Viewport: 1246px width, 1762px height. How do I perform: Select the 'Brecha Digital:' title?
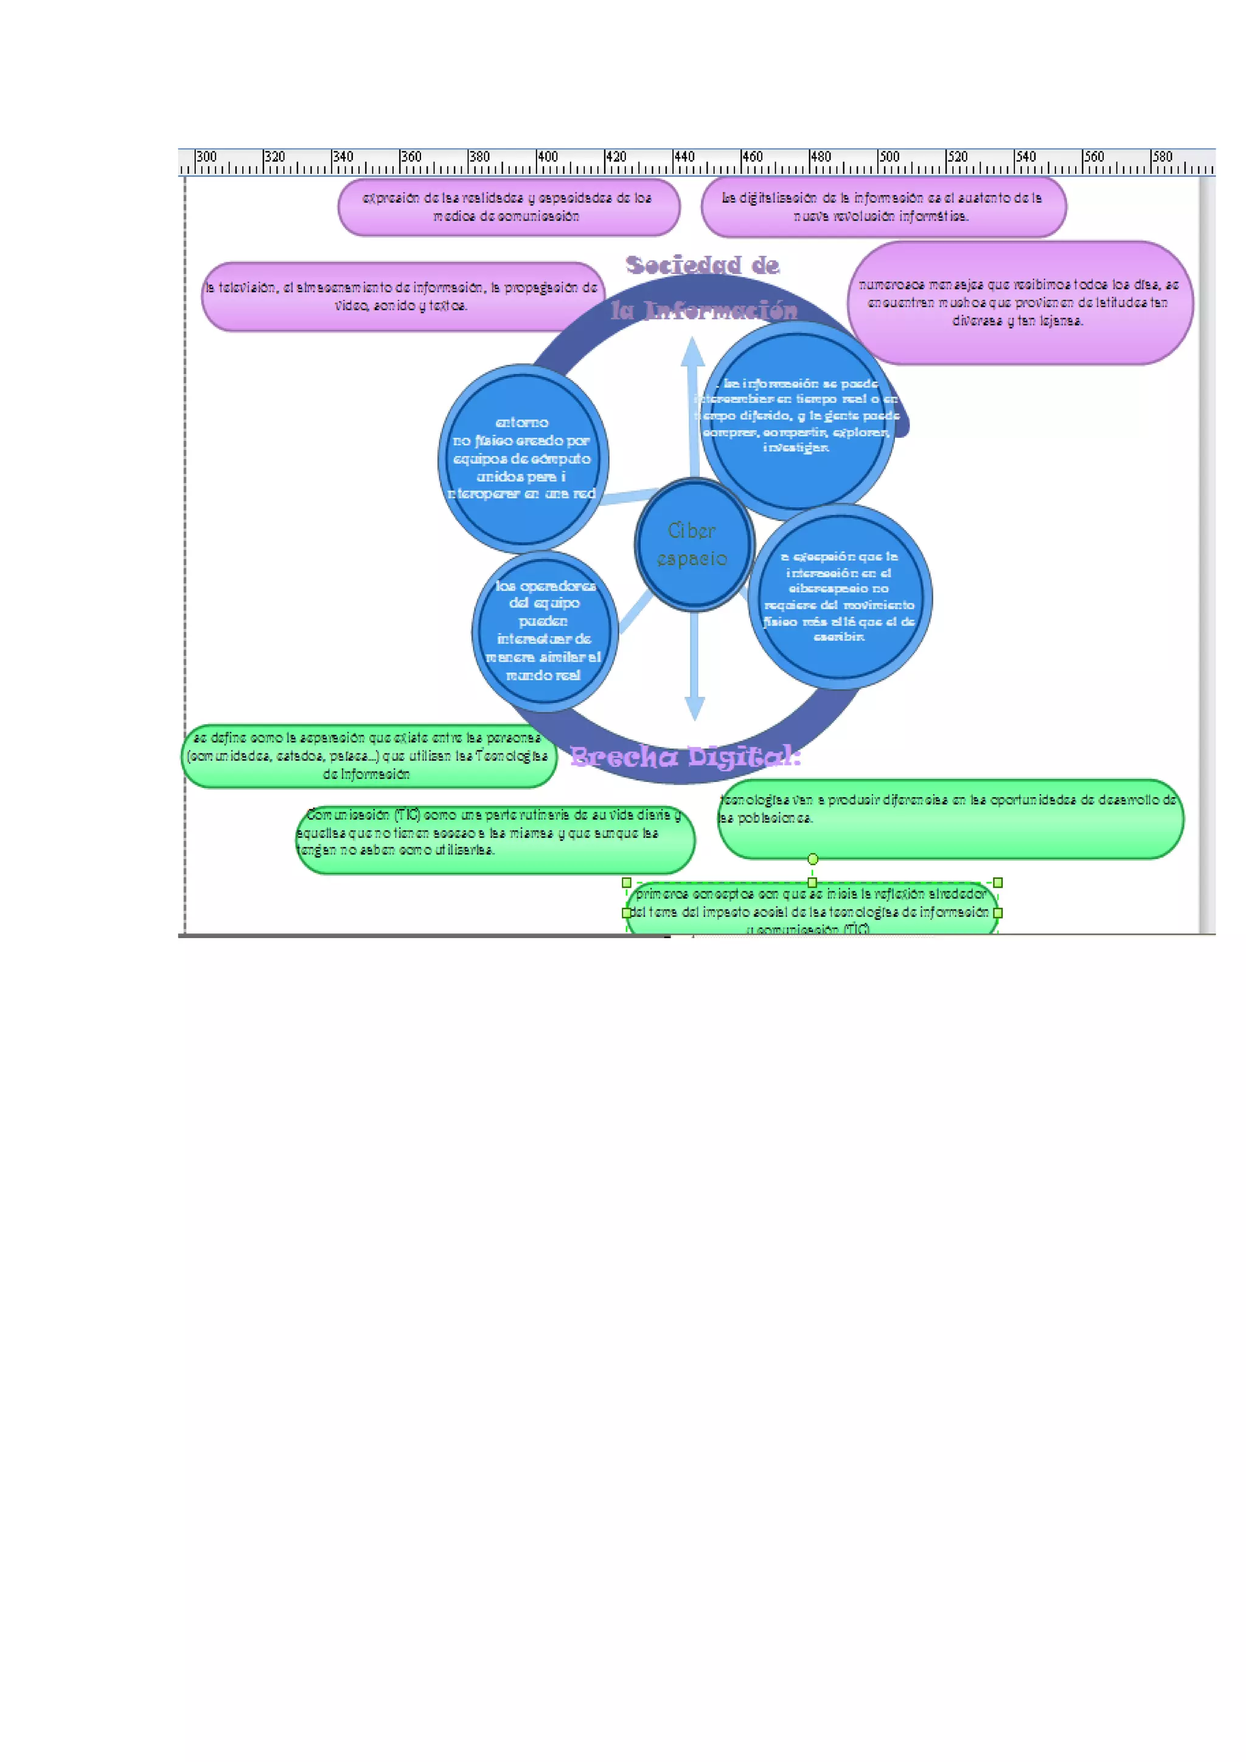685,758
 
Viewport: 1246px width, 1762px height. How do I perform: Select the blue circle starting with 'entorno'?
523,459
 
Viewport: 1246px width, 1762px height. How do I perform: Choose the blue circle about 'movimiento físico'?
840,597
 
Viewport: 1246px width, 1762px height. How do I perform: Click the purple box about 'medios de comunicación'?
508,207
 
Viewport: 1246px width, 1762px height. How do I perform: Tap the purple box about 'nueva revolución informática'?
883,207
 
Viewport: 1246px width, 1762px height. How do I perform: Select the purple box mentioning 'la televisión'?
402,297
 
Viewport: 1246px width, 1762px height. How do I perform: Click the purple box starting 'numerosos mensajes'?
1020,303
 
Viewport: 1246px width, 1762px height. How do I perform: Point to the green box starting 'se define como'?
369,756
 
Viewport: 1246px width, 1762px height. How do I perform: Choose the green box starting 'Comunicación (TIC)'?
495,839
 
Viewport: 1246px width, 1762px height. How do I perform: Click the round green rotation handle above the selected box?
813,859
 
